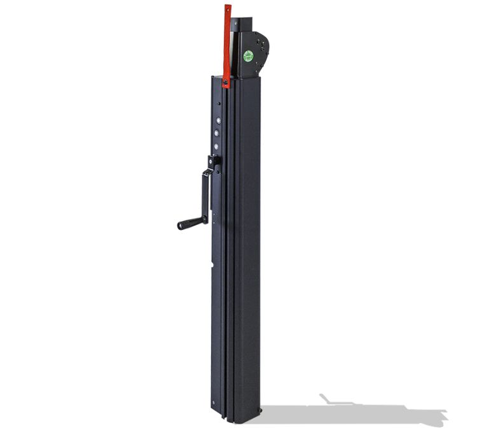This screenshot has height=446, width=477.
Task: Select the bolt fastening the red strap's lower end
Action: click(226, 81)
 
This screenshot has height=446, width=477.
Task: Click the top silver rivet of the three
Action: click(217, 120)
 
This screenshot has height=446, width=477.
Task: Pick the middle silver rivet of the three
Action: click(217, 134)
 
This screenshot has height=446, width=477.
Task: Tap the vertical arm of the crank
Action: click(205, 194)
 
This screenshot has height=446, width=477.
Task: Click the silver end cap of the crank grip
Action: click(179, 226)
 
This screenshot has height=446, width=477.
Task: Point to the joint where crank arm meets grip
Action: click(204, 219)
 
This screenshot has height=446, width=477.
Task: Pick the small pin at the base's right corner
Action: click(258, 411)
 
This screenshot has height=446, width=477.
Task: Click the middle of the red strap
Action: click(226, 45)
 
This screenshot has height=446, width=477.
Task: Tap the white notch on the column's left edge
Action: click(212, 261)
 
